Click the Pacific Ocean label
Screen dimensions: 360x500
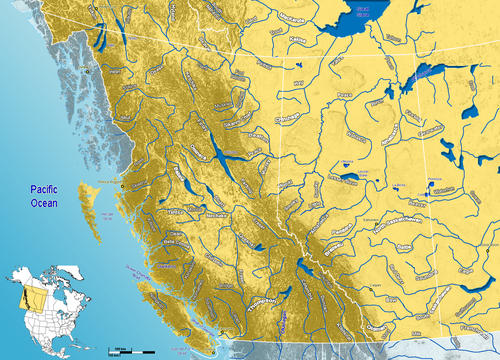[43, 196]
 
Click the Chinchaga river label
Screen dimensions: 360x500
[290, 118]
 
